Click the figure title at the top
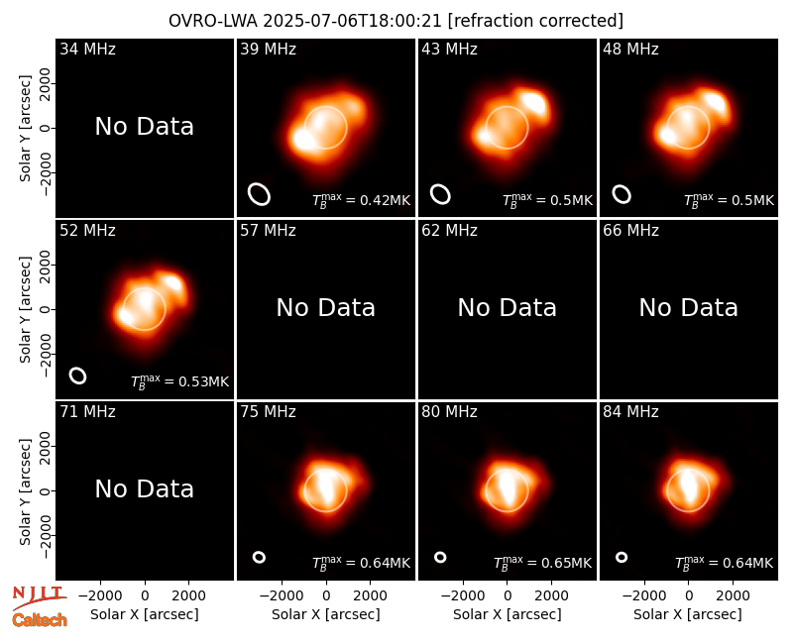(396, 21)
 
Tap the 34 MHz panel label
(87, 49)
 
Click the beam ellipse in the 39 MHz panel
(259, 194)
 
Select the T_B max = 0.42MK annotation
(361, 200)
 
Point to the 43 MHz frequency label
(449, 49)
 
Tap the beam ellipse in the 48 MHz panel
(622, 194)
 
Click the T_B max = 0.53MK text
(180, 381)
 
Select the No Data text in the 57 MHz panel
(326, 308)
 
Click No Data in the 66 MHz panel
(688, 308)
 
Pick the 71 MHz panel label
(87, 412)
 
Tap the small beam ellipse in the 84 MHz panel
(622, 557)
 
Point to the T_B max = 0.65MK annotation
(542, 563)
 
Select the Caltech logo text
(40, 620)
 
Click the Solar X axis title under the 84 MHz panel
(688, 614)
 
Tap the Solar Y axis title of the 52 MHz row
(25, 309)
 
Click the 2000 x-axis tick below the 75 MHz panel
(370, 595)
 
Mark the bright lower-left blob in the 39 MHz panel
(304, 140)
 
